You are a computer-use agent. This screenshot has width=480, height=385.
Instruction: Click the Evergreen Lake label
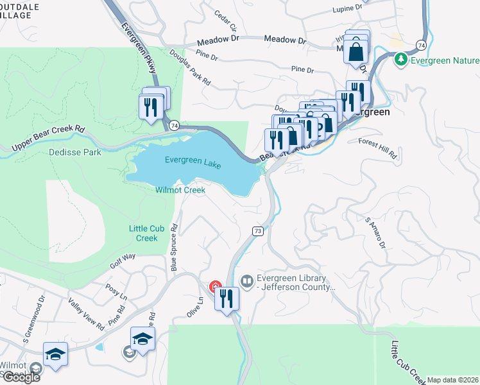pos(193,163)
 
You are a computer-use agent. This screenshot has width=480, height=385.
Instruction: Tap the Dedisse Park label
pos(75,153)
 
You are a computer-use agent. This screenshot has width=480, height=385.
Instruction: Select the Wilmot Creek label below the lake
pos(180,190)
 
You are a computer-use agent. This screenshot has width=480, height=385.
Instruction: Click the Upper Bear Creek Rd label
pos(48,137)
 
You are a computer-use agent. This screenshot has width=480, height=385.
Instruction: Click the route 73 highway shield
pos(257,231)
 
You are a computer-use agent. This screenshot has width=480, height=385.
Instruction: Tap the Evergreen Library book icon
pos(246,282)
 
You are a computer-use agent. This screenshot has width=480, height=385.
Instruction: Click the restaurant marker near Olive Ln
pos(227,299)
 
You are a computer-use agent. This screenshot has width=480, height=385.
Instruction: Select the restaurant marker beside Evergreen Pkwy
pos(151,106)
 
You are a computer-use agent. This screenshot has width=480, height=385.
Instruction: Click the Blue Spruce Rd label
pos(173,247)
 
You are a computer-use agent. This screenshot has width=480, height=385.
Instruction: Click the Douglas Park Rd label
pos(190,69)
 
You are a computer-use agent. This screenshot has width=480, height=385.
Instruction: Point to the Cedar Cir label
pos(226,21)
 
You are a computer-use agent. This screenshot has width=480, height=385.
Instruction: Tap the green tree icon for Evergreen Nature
pos(402,60)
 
